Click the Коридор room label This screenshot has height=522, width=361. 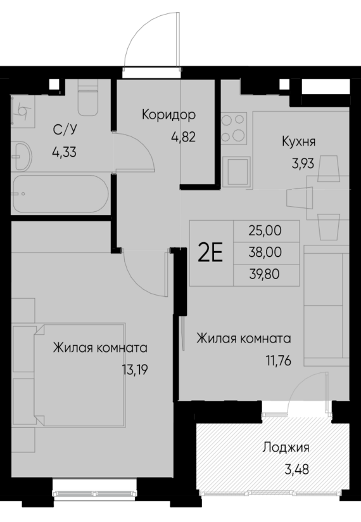(x=168, y=115)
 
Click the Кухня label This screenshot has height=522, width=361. (x=298, y=141)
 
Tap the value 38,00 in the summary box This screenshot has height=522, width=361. (x=267, y=252)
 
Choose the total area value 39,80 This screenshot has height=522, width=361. (x=267, y=274)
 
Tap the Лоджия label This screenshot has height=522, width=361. (x=286, y=448)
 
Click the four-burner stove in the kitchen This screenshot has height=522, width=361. (x=234, y=127)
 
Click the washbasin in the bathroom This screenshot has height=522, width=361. (x=23, y=155)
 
